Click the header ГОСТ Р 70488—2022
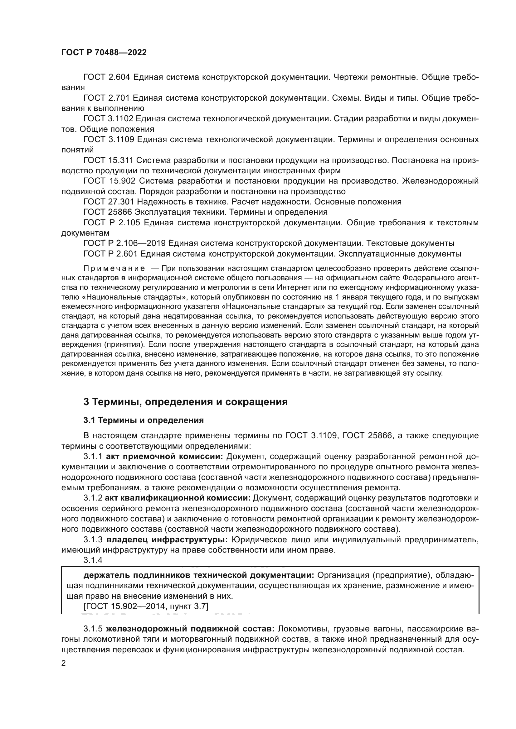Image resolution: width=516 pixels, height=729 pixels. click(x=104, y=53)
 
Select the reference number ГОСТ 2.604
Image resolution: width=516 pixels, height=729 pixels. click(x=107, y=77)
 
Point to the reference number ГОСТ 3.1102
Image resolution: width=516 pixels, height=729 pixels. click(x=109, y=119)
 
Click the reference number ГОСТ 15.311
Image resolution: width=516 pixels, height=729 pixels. click(x=108, y=160)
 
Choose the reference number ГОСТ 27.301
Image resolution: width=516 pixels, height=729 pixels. click(x=108, y=202)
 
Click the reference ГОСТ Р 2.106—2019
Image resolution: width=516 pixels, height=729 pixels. click(x=124, y=243)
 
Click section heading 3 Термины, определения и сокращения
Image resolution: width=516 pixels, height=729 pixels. click(x=186, y=402)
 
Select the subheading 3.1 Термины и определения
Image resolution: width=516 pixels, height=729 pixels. click(x=143, y=420)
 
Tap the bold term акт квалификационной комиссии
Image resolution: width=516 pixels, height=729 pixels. click(x=178, y=498)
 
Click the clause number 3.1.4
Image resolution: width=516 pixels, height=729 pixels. click(x=93, y=560)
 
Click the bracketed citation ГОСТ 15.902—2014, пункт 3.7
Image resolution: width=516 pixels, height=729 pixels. click(x=146, y=607)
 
